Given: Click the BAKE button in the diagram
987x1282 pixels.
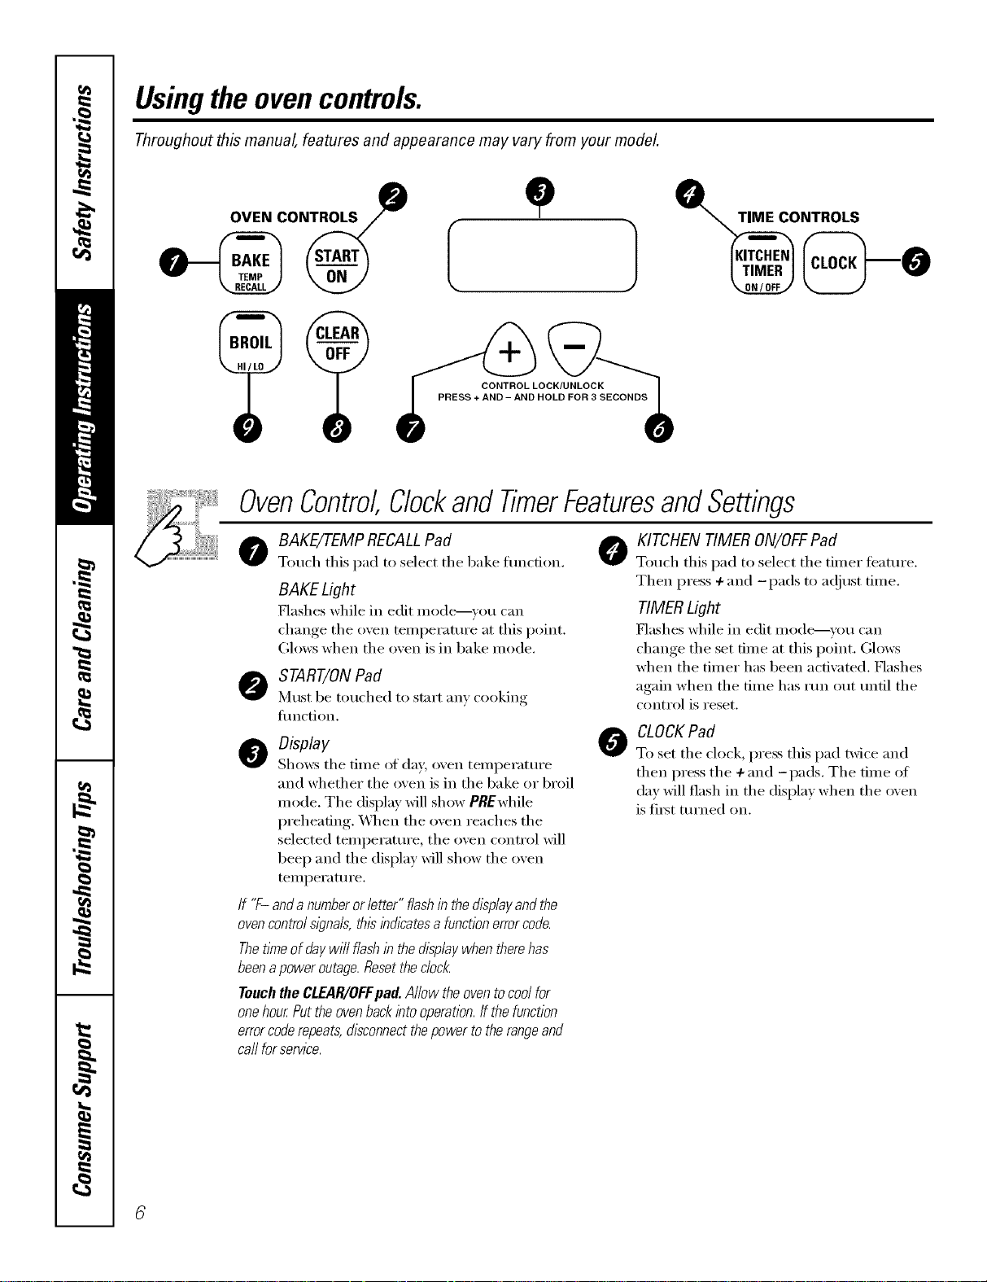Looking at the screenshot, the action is click(x=250, y=263).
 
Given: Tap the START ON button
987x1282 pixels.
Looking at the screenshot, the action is click(x=337, y=263).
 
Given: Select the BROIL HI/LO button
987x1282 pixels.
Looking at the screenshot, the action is click(x=250, y=342).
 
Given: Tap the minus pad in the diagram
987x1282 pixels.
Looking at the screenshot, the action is click(x=574, y=348).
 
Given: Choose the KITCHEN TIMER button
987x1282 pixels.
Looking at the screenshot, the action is click(x=762, y=263).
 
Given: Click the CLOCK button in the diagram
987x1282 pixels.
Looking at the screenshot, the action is click(x=834, y=263).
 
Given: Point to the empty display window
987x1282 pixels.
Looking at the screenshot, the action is click(x=543, y=256).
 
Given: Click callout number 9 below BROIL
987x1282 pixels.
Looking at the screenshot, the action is click(x=248, y=429).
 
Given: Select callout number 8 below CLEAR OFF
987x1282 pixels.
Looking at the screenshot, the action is click(x=337, y=429).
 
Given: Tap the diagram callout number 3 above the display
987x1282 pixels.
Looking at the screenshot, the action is click(x=540, y=190).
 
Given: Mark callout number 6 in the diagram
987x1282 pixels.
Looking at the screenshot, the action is click(x=659, y=429).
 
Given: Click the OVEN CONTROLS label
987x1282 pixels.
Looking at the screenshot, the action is click(x=294, y=217).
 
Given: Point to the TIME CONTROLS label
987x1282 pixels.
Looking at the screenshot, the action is click(x=798, y=217).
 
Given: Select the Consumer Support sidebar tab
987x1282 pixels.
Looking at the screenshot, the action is click(x=85, y=1109).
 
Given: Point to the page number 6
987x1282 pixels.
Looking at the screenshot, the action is click(x=140, y=1213).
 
